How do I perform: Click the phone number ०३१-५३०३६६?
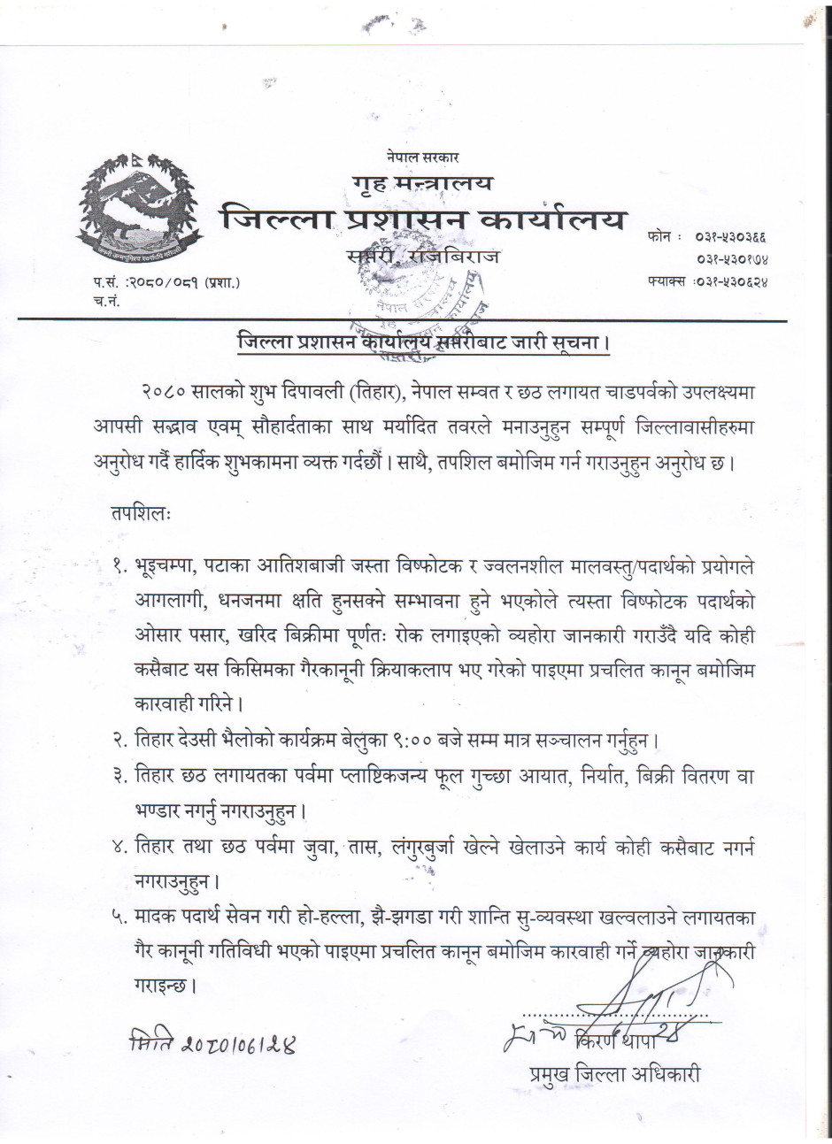[732, 238]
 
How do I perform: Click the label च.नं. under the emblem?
[105, 303]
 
